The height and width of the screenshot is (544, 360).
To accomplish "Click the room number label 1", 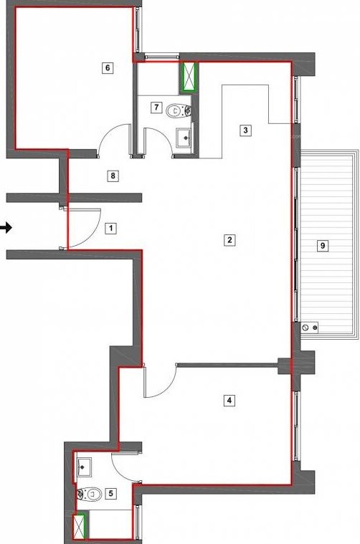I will pyautogui.click(x=110, y=229).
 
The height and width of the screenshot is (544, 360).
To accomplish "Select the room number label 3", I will pyautogui.click(x=245, y=130).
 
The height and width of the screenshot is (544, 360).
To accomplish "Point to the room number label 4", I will pyautogui.click(x=229, y=400).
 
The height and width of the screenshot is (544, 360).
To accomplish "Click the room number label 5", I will pyautogui.click(x=110, y=493).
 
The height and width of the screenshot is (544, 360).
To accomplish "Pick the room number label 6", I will pyautogui.click(x=108, y=68).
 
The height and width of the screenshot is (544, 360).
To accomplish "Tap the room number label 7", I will pyautogui.click(x=156, y=107).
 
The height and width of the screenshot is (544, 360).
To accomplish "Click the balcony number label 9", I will pyautogui.click(x=323, y=245).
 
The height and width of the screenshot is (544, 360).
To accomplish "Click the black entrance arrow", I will pyautogui.click(x=6, y=228).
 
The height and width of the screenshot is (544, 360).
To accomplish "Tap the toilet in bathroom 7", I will pyautogui.click(x=174, y=111).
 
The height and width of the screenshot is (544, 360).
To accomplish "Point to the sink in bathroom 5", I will pyautogui.click(x=84, y=466).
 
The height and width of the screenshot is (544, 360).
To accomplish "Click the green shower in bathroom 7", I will pyautogui.click(x=189, y=77).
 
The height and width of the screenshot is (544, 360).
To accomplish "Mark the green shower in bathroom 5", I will pyautogui.click(x=80, y=526).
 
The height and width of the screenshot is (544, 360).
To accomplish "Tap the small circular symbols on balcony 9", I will pyautogui.click(x=311, y=328).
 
